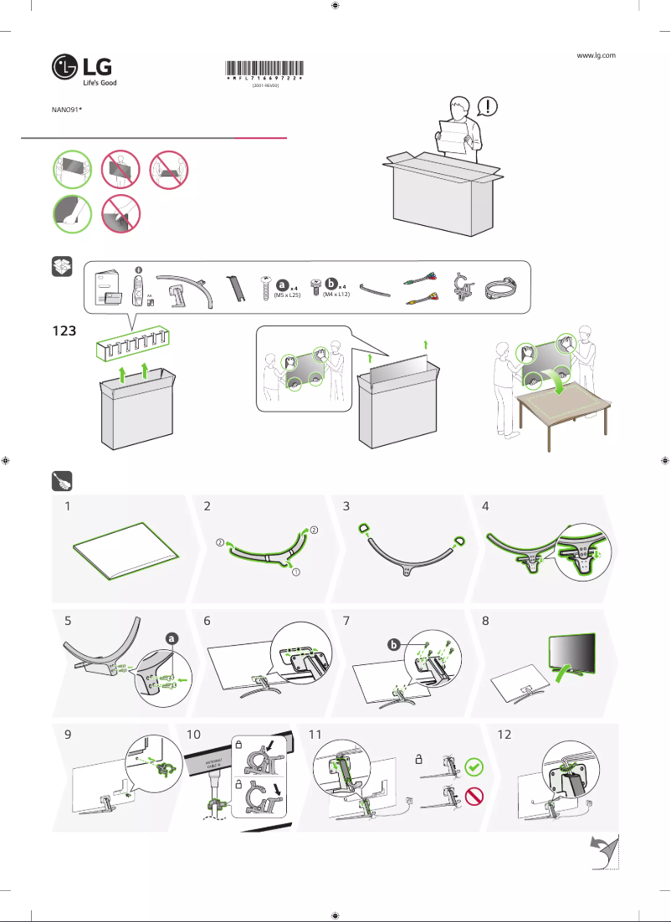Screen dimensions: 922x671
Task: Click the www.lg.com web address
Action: (x=597, y=54)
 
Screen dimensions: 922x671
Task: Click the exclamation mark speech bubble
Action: (x=489, y=106)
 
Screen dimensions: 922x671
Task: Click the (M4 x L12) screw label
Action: (x=335, y=295)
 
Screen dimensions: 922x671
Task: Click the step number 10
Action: (x=195, y=735)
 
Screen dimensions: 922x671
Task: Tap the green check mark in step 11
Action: (x=474, y=765)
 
